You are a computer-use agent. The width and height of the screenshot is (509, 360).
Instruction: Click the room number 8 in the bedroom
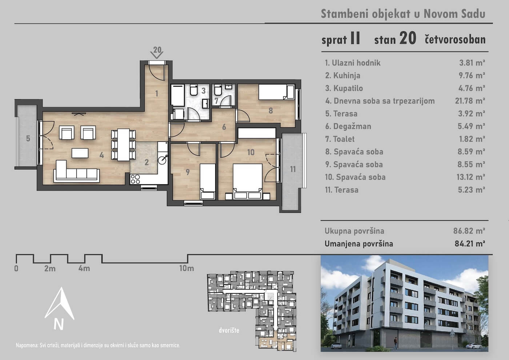click(270, 111)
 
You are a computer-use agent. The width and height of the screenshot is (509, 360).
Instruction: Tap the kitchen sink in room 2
click(163, 160)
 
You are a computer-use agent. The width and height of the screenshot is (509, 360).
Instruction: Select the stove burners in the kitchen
click(135, 179)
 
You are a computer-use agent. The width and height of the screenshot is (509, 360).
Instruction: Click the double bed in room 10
click(248, 181)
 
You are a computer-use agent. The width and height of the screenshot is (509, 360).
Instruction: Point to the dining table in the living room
click(123, 145)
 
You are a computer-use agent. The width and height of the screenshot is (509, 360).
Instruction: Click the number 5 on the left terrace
click(28, 139)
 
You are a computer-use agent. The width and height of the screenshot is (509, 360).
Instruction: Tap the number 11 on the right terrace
click(293, 169)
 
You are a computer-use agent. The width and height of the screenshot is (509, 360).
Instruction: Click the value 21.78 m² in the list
click(470, 101)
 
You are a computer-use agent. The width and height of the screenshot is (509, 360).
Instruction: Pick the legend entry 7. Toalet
click(340, 139)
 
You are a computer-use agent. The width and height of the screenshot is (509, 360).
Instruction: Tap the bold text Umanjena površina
click(359, 244)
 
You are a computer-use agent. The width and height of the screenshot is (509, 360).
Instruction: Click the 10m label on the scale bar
click(187, 268)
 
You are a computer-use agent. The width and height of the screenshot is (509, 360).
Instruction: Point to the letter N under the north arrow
click(59, 324)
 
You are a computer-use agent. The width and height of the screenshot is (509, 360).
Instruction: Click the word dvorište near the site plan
click(229, 330)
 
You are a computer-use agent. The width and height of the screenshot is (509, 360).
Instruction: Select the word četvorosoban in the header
click(455, 40)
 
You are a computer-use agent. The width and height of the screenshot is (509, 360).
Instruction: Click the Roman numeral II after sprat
click(355, 39)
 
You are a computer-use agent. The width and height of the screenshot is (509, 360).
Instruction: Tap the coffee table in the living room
click(80, 153)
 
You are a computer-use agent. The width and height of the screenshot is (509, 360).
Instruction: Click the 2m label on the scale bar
click(50, 268)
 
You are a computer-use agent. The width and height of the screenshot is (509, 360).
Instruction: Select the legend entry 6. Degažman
click(348, 126)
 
